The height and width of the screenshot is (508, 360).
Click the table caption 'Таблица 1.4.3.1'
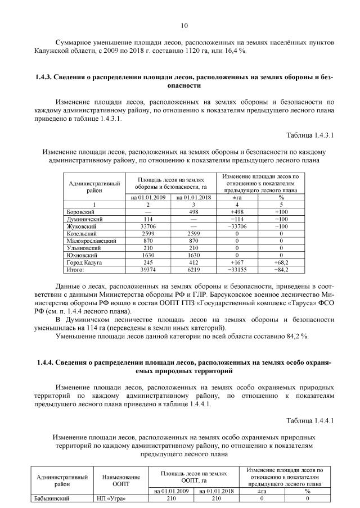click(x=309, y=136)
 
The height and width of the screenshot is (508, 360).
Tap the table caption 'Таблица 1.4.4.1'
click(x=309, y=420)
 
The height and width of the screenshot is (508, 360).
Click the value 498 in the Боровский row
click(x=194, y=211)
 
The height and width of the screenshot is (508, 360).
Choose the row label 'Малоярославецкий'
click(x=91, y=241)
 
